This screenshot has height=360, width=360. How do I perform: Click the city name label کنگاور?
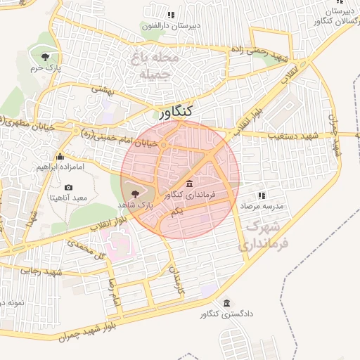pyautogui.click(x=176, y=112)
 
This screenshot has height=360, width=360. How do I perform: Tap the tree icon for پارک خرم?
pyautogui.click(x=46, y=56)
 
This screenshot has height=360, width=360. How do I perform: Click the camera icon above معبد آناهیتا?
pyautogui.click(x=68, y=187)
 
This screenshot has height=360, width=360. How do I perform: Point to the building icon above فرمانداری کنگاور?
pyautogui.click(x=190, y=184)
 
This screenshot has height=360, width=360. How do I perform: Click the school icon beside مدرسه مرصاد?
pyautogui.click(x=262, y=195)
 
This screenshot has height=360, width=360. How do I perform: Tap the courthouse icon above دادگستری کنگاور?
pyautogui.click(x=226, y=303)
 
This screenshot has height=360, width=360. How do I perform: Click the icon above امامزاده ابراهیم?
pyautogui.click(x=60, y=157)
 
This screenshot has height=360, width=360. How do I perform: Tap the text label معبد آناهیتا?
pyautogui.click(x=68, y=199)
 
